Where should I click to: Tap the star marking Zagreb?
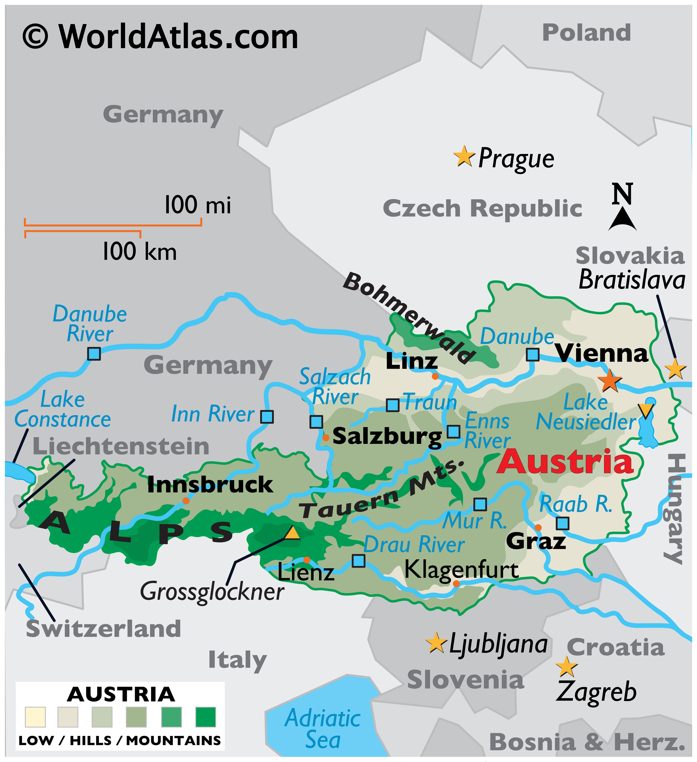click(566, 667)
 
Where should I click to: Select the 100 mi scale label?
click(197, 205)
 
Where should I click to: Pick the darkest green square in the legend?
click(206, 717)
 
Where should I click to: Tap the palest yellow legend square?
click(35, 717)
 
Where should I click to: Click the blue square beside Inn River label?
click(267, 417)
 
